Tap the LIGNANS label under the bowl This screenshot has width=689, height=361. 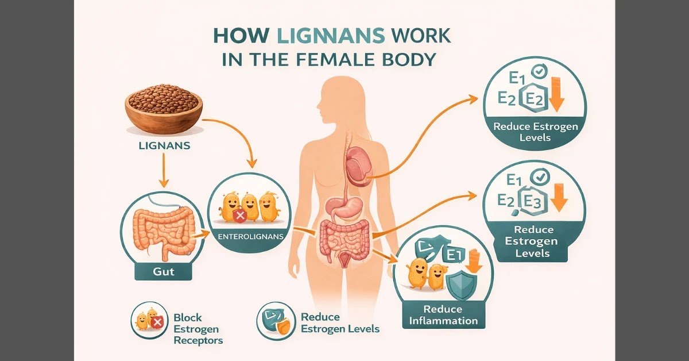[164, 145]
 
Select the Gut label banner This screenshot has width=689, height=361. [163, 272]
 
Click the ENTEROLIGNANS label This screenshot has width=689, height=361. [250, 237]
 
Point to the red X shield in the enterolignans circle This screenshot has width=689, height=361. [239, 216]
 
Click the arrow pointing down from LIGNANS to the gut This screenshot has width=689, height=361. [164, 170]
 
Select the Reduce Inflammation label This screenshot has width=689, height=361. [443, 315]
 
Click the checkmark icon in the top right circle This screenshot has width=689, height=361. [540, 71]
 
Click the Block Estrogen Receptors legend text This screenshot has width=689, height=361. [198, 329]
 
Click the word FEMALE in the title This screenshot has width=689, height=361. [332, 59]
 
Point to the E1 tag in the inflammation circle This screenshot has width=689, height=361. [452, 255]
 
